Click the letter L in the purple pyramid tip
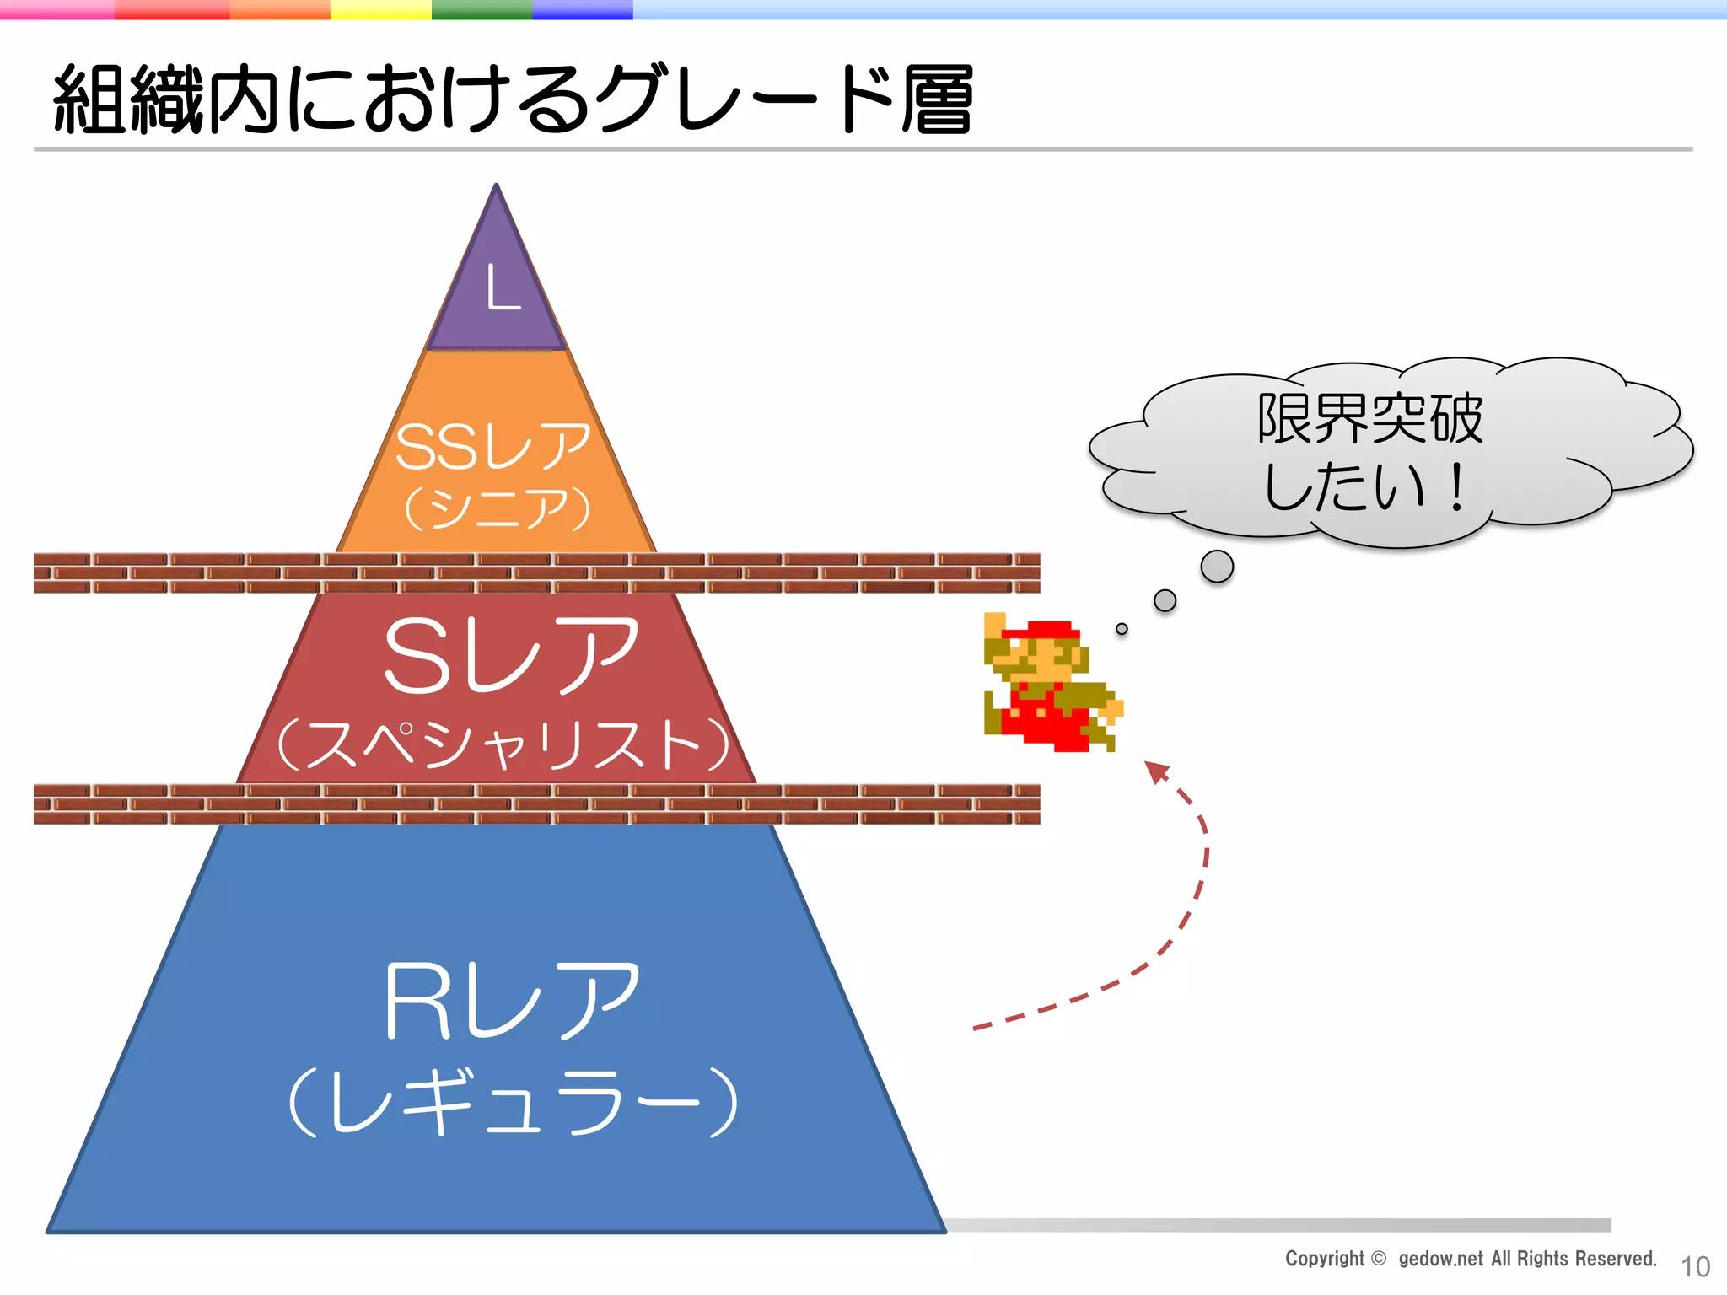[503, 287]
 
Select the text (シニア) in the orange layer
[497, 508]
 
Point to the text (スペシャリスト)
[503, 745]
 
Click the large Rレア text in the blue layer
[511, 1002]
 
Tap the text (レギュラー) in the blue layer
[513, 1101]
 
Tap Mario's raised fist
[995, 624]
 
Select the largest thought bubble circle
[1217, 567]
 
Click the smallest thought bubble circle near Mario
[1122, 629]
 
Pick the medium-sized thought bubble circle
[1165, 600]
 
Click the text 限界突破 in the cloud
[1369, 419]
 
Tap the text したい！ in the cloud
[1366, 486]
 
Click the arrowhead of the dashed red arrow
[1156, 771]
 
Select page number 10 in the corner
[1695, 1266]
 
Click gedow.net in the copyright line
[1440, 1259]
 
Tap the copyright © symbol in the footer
[1378, 1259]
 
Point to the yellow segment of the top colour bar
[380, 9]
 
